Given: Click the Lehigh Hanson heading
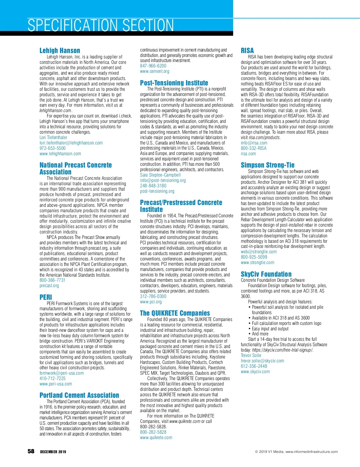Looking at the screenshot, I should point(60,50).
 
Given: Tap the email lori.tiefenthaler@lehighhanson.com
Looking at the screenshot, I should point(71,143).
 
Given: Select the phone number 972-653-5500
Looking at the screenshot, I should point(52,148).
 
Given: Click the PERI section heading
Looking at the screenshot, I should point(46,297).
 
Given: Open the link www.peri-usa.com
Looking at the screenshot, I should point(56,384).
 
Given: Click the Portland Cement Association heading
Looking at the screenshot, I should point(79,395).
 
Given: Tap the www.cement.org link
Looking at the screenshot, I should point(154,71).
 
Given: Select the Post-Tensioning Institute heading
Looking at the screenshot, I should point(174,83).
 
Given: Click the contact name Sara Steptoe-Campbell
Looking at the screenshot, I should point(160,175).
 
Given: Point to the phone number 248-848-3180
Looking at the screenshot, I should point(153,186).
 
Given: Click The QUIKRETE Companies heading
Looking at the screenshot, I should point(175,313).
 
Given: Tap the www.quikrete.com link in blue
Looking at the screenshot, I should point(156,438).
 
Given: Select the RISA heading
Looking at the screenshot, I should point(247,50).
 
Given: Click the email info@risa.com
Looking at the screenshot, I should point(254,143).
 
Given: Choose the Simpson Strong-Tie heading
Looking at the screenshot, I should point(268,165).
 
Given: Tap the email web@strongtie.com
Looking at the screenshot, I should point(259,252).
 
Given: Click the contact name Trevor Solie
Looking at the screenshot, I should point(251,355).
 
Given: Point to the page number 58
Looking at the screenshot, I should point(31,451).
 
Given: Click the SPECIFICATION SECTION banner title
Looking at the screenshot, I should point(101,25).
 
